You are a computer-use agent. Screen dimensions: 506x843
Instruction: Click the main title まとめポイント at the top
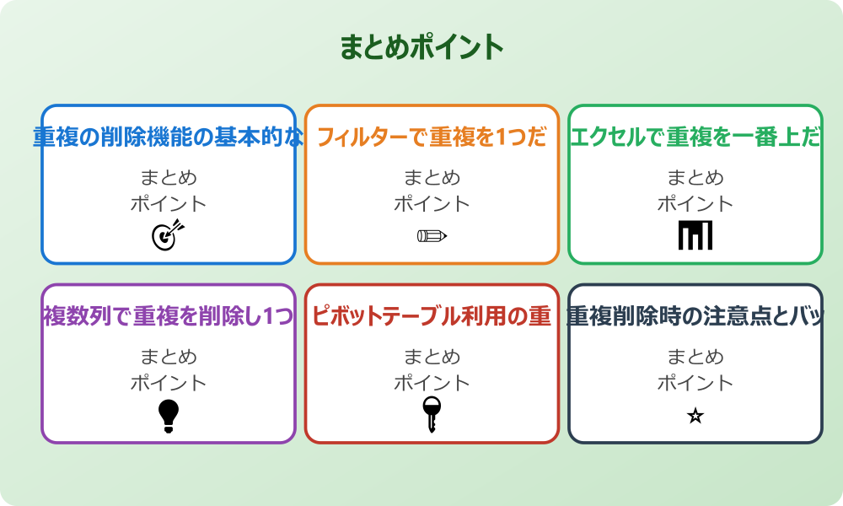(421, 47)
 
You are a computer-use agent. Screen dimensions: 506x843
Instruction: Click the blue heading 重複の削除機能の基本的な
(169, 137)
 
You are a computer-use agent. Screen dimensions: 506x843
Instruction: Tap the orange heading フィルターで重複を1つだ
(432, 137)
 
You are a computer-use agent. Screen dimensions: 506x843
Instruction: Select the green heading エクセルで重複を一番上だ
(695, 137)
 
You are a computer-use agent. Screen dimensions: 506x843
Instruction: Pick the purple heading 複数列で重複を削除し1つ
(169, 316)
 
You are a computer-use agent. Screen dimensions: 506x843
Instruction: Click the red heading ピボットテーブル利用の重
(432, 316)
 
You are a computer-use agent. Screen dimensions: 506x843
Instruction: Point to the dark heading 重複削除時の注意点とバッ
(695, 316)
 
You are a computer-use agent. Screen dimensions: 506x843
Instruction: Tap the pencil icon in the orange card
(432, 235)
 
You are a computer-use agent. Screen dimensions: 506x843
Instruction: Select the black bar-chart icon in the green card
(695, 234)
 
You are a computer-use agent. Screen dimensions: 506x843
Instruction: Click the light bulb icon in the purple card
(169, 415)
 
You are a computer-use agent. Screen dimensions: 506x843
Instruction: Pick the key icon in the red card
(432, 414)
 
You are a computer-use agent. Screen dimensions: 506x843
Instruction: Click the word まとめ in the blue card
(169, 178)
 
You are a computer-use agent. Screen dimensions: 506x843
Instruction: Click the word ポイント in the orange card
(432, 203)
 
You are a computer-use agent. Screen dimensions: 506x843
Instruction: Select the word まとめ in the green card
(695, 178)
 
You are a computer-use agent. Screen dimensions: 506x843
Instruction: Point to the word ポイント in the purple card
(169, 382)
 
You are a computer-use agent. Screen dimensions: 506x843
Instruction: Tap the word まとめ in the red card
(432, 357)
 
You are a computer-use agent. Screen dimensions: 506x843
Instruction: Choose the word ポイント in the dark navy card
(695, 382)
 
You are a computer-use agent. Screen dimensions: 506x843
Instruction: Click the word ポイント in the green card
(695, 203)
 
